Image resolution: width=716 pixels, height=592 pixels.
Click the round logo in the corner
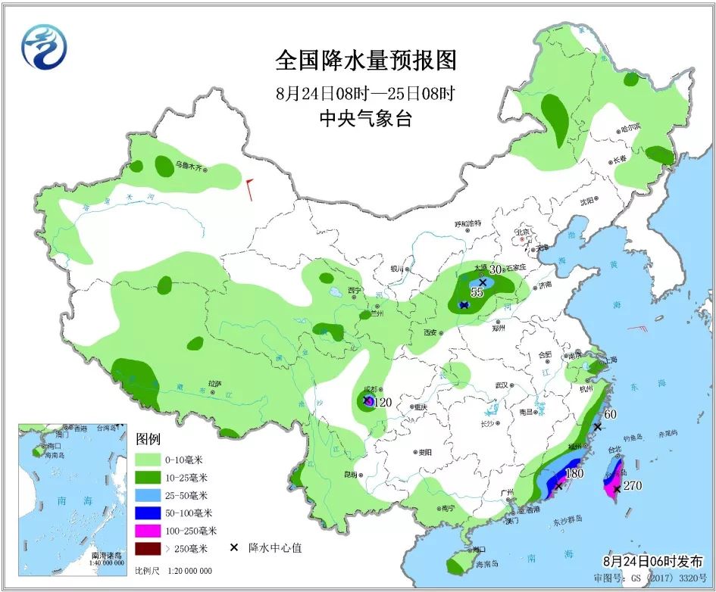point(43,47)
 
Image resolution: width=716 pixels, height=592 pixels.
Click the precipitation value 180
point(575,474)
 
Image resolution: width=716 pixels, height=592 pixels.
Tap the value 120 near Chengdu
point(383,403)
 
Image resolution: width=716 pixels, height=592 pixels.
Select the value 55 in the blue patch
point(477,292)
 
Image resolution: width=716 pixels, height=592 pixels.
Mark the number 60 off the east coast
point(610,414)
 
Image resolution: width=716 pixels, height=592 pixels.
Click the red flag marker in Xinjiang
point(249,189)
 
